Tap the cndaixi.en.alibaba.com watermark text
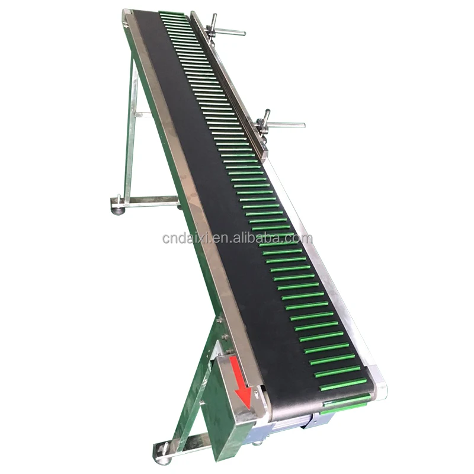point(237,239)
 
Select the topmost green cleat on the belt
point(172,12)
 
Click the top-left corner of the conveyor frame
point(126,13)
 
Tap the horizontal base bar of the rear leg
point(148,201)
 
